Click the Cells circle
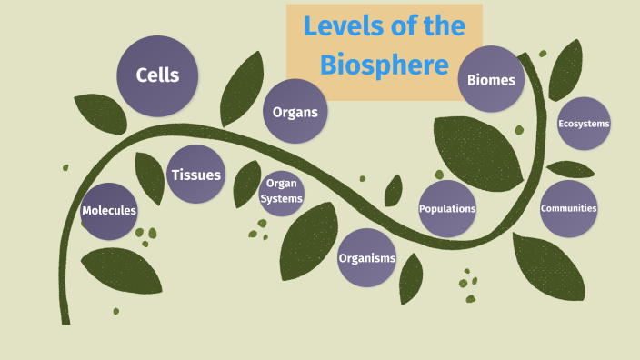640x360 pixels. tap(157, 75)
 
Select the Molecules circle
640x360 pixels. tap(109, 211)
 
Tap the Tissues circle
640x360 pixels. tap(195, 174)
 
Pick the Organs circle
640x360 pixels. tap(295, 113)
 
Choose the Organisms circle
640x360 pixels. tap(367, 258)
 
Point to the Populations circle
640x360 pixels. tap(447, 209)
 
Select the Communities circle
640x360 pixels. tap(568, 208)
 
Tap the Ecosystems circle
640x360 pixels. tap(584, 124)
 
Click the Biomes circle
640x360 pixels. tap(491, 80)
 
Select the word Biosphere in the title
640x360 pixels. tap(384, 65)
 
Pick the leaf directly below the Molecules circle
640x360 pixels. tap(121, 269)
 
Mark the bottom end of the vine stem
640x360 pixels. tap(65, 319)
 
